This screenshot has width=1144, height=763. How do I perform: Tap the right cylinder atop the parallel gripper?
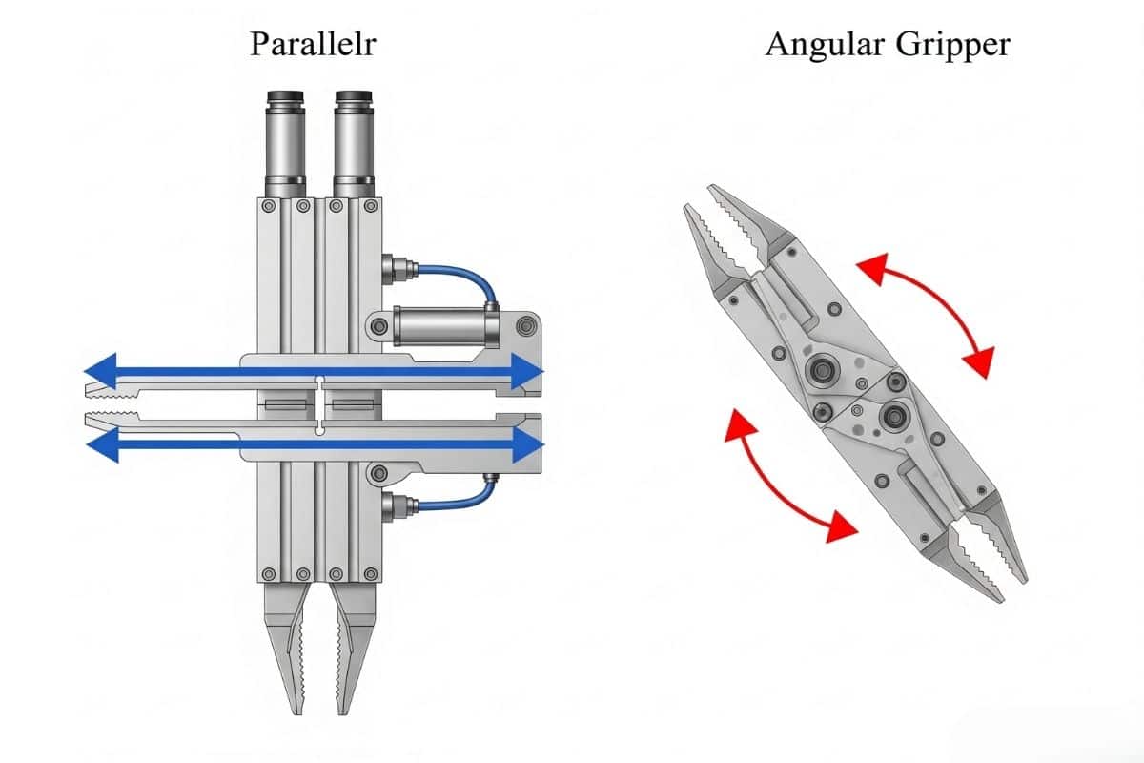pos(353,143)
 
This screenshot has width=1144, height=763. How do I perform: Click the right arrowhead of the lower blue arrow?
pos(526,444)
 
